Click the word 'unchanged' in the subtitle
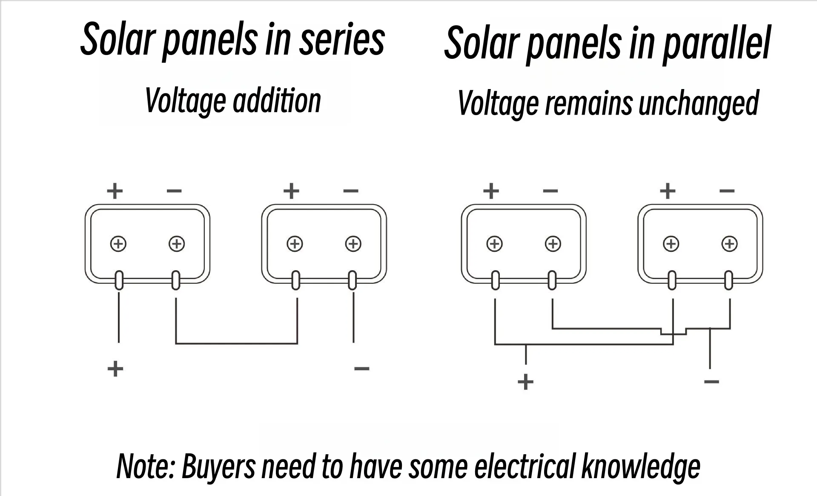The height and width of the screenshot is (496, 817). [x=699, y=104]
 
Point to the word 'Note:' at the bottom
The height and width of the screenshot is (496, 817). [x=146, y=466]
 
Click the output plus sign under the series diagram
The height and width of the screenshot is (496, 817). [x=115, y=369]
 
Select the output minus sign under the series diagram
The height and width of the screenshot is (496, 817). [x=361, y=369]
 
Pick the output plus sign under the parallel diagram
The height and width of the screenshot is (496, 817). [x=525, y=381]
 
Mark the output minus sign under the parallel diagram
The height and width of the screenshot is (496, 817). [x=711, y=381]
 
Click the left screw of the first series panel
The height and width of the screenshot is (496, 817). [x=118, y=244]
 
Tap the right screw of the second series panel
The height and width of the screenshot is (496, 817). [x=353, y=244]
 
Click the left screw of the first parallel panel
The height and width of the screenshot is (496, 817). [x=494, y=244]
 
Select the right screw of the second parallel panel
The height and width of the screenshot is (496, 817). [x=729, y=244]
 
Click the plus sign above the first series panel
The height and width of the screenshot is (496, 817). [x=115, y=191]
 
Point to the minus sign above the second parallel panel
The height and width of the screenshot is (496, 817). [x=727, y=191]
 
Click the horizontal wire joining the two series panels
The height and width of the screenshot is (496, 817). [x=236, y=343]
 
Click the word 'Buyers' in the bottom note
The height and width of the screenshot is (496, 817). [x=218, y=466]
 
